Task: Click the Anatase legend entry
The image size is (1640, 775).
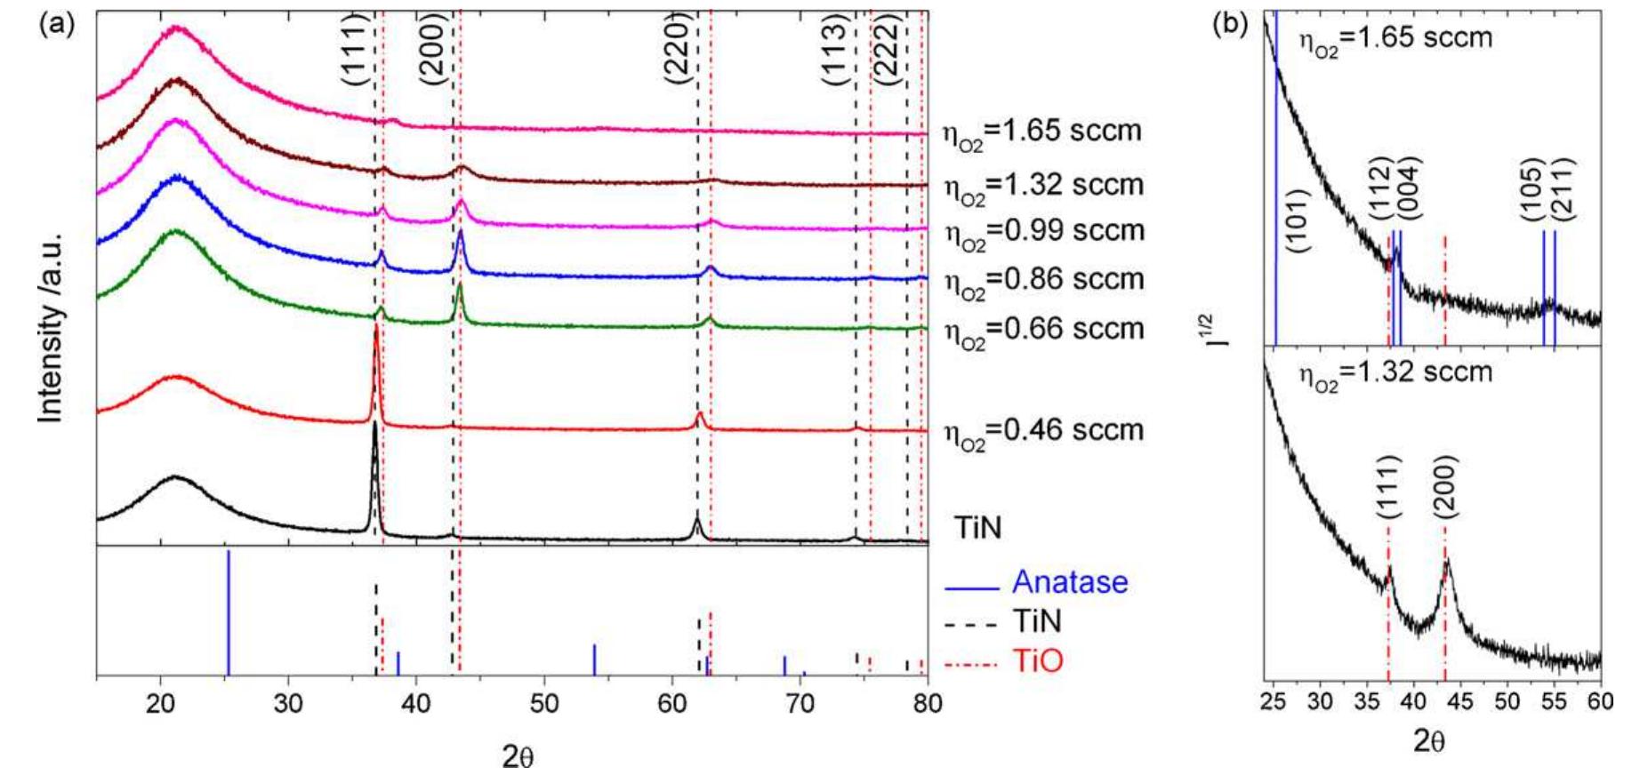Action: (x=1069, y=583)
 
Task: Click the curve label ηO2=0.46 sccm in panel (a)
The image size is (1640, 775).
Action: (x=1043, y=431)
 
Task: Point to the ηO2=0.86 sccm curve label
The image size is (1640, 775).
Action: (x=1043, y=280)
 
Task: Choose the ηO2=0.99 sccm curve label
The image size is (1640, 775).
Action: (x=1043, y=231)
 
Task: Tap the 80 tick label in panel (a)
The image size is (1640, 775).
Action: (x=928, y=702)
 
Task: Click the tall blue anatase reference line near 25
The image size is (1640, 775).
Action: (x=229, y=613)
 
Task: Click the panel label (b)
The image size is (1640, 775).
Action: (x=1232, y=24)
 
